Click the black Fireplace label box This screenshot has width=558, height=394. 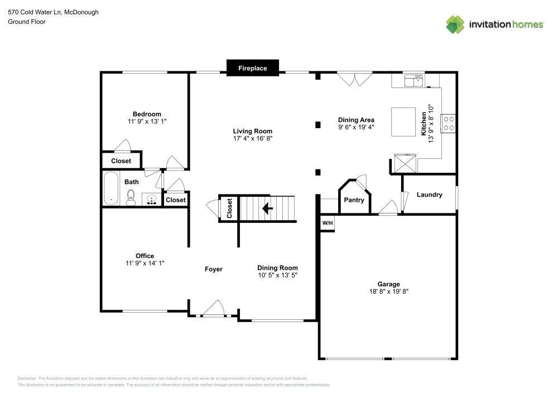coord(253,68)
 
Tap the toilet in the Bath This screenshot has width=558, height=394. coord(131,197)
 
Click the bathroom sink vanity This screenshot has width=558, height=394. coord(151,200)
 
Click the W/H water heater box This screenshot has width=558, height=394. coord(327,223)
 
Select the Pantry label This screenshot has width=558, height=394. coord(354,200)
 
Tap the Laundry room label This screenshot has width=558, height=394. coord(430,194)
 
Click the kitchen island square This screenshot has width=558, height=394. coord(403,121)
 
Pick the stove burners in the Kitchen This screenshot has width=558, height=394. coord(449,123)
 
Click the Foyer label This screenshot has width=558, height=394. coord(214,269)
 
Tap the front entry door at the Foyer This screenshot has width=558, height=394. coord(214,309)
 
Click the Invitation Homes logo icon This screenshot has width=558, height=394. coord(455,24)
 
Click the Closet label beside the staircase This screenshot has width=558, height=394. coord(229,208)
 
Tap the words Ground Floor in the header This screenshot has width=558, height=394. coord(27,22)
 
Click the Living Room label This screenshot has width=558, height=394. coord(253,131)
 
